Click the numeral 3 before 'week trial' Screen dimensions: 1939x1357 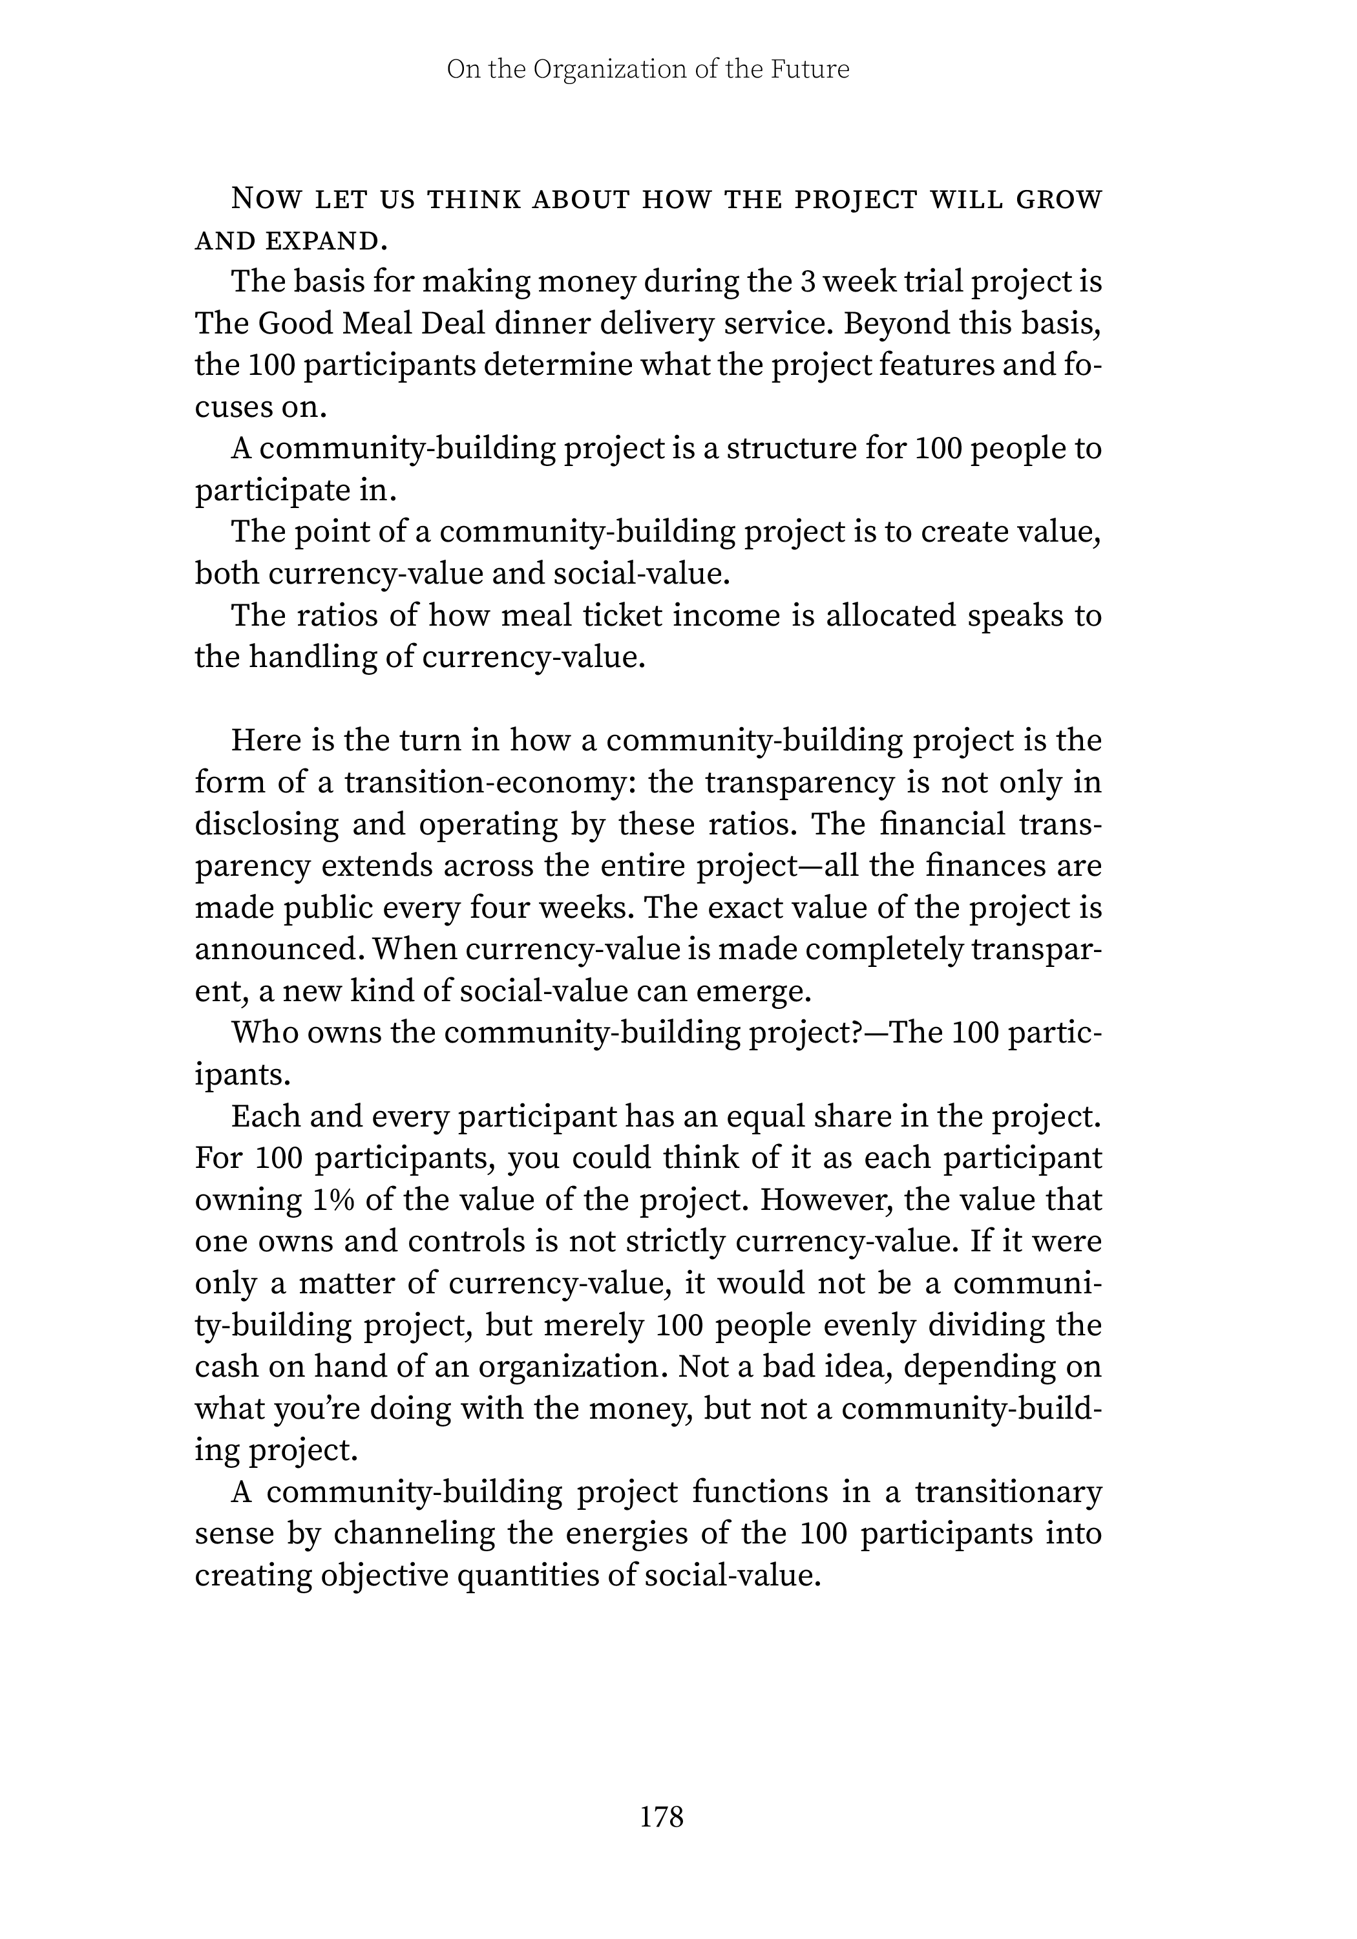(x=807, y=281)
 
